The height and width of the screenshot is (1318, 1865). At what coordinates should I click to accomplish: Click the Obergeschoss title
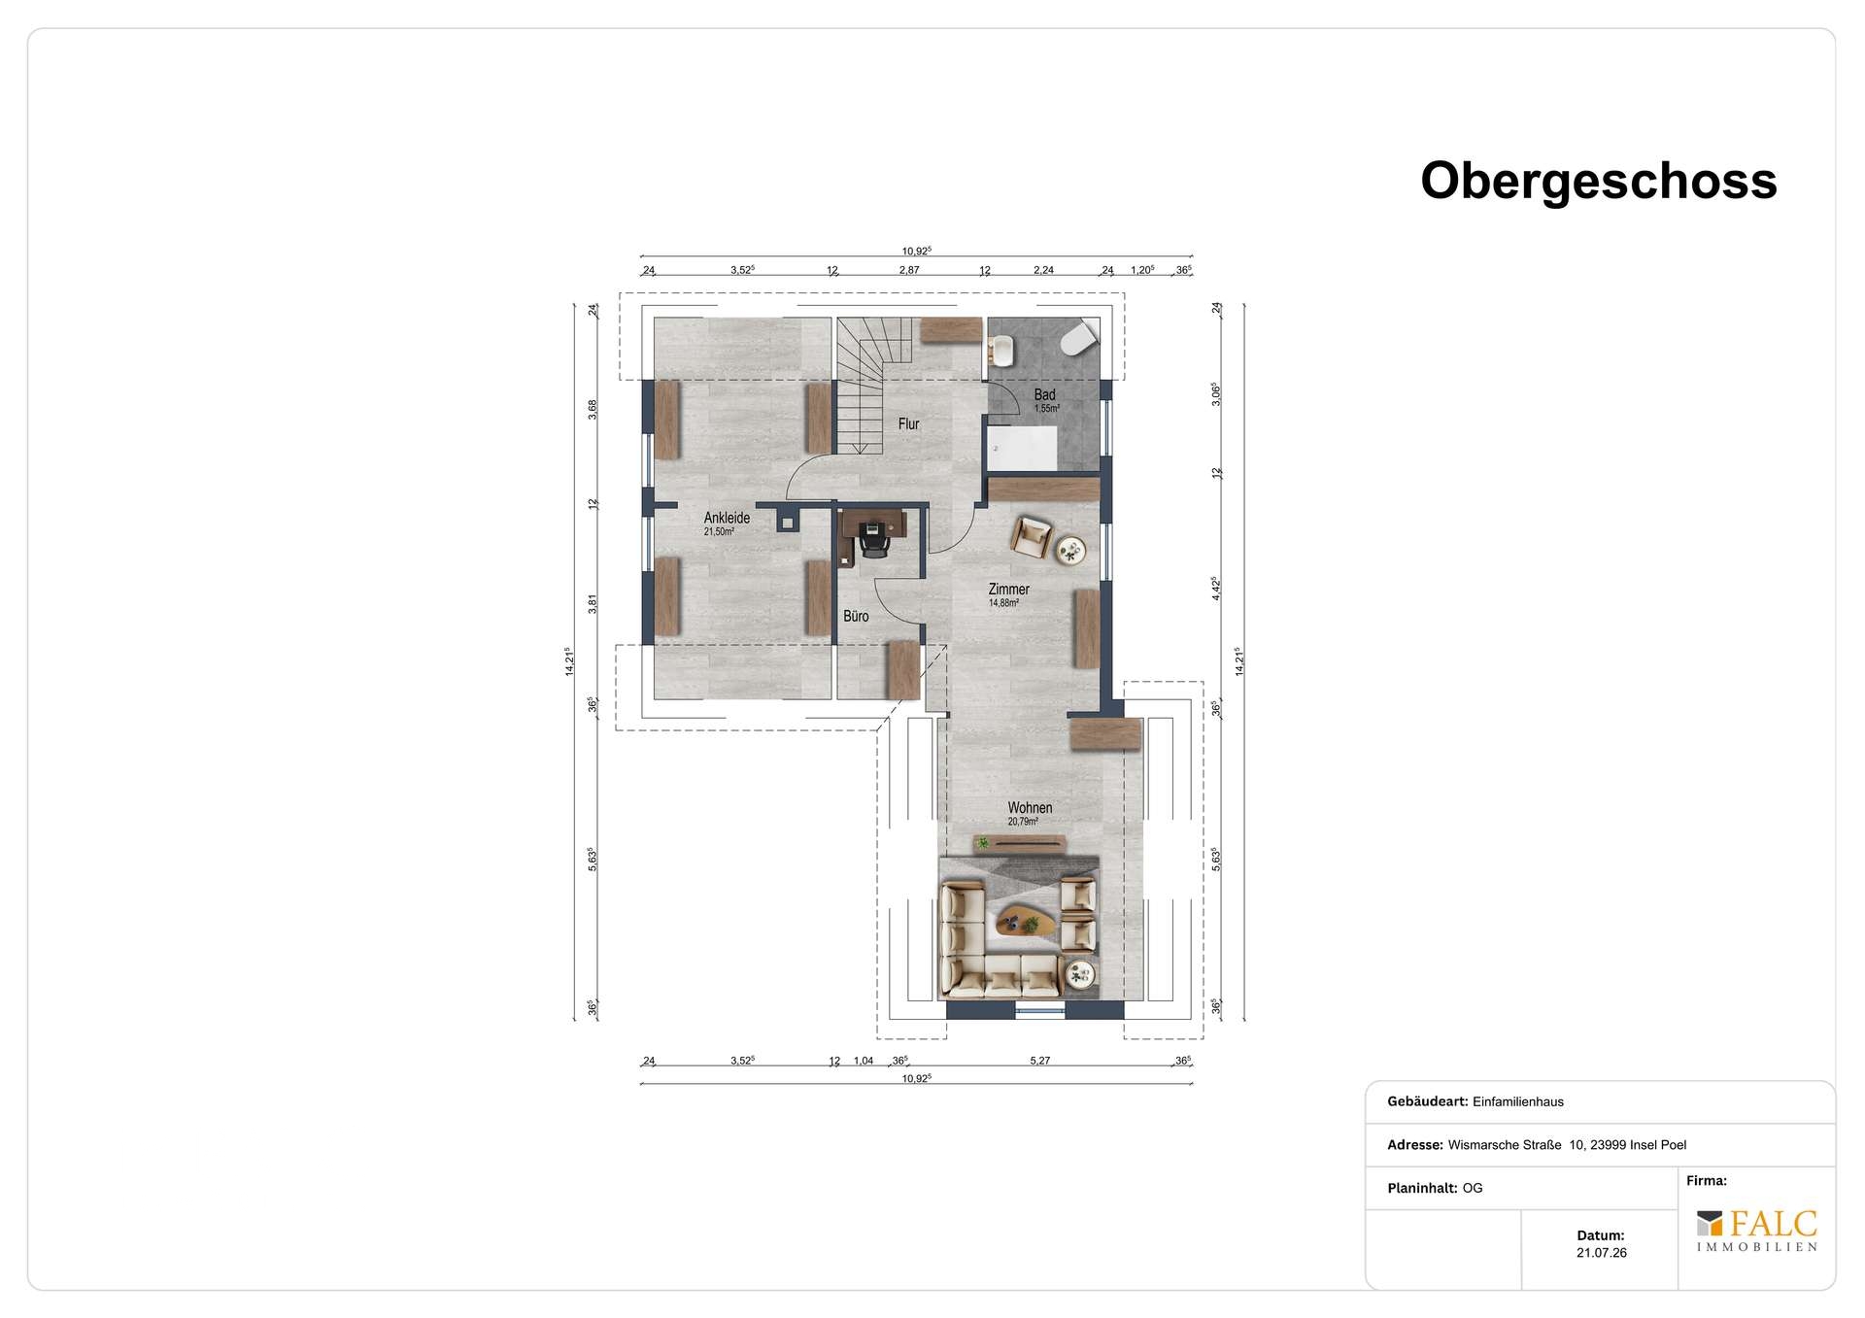coord(1599,182)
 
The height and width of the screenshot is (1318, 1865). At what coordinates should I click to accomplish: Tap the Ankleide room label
coord(727,519)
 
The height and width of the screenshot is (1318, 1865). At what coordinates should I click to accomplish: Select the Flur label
coord(908,424)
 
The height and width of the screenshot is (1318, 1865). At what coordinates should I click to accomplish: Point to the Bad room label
coord(1044,394)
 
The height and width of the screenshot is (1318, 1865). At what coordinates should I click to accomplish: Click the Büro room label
coord(856,617)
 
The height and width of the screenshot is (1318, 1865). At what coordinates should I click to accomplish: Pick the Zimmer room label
coord(1008,590)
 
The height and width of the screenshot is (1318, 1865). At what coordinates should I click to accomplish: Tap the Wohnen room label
coord(1030,808)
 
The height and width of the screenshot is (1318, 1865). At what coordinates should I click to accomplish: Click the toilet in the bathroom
coord(1079,338)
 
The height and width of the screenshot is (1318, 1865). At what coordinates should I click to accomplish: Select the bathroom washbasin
coord(1001,350)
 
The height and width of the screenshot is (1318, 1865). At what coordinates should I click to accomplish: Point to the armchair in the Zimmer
coord(1031,536)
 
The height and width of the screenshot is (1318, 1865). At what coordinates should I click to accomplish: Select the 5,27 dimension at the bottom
coord(1039,1061)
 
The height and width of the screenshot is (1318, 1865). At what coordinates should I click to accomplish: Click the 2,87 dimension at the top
coord(908,270)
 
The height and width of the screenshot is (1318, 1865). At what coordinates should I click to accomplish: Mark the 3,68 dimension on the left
coord(592,410)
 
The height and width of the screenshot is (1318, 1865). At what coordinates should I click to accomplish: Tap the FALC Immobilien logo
coord(1757,1231)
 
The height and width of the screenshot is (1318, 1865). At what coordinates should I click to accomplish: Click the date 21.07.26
coord(1601,1253)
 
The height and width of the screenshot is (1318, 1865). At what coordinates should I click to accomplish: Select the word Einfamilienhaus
coord(1518,1101)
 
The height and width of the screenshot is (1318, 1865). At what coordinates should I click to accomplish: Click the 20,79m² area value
coord(1023,822)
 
